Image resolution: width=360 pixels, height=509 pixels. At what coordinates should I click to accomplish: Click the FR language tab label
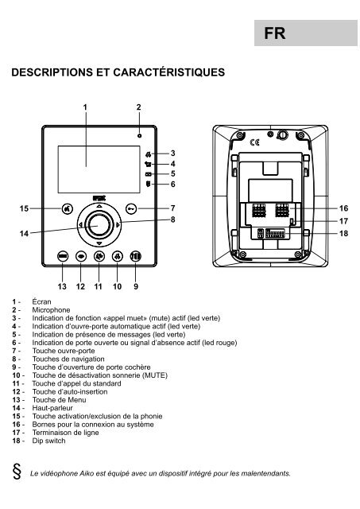coord(275,33)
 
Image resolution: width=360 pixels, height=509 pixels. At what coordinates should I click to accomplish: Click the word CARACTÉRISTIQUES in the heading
coord(169,72)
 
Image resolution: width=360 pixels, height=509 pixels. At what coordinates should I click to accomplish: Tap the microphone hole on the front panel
coord(139,135)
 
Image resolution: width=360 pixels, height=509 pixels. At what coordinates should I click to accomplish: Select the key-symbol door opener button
coord(131,208)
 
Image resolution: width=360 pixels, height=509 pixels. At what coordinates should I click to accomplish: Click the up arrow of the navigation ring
coord(99,207)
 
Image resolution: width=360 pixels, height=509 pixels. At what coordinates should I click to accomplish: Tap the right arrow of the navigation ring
coord(118,224)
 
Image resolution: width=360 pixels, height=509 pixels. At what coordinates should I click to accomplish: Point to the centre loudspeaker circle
coord(99,224)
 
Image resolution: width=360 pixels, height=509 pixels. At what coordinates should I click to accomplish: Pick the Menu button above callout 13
coord(63,256)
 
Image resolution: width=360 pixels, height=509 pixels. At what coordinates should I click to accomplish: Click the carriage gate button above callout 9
coord(136,256)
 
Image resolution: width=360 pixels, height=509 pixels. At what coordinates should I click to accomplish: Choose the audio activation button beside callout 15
coord(67,208)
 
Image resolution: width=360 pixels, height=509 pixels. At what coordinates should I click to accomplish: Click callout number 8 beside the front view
coord(173,220)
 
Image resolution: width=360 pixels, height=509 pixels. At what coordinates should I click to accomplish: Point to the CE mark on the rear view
coord(254,142)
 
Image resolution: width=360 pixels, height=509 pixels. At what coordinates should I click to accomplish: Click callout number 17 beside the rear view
coord(344,221)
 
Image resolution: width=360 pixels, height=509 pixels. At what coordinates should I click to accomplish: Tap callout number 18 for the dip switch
coord(344,233)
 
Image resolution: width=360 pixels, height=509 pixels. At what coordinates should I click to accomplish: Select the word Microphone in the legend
coord(51,310)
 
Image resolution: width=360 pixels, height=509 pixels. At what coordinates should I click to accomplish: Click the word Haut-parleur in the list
coord(52,408)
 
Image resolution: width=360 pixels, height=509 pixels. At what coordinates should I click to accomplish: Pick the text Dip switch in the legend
coord(48,441)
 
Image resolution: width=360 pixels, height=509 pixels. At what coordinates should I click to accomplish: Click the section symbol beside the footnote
coord(17,472)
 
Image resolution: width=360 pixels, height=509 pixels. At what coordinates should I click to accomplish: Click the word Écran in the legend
coord(41,301)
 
